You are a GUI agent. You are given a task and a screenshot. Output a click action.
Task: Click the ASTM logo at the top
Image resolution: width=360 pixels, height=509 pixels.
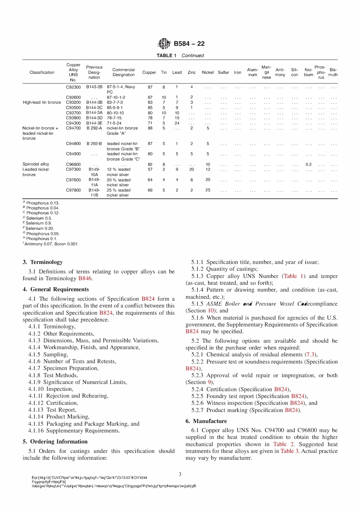(164, 44)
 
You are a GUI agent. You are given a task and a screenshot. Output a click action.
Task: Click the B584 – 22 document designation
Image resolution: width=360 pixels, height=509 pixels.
(189, 44)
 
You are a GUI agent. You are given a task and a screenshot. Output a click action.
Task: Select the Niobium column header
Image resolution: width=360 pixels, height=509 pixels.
(308, 72)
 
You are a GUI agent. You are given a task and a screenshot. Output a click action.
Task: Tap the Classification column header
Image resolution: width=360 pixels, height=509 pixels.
(42, 72)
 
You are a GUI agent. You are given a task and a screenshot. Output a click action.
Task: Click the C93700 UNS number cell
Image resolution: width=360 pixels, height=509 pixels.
(73, 113)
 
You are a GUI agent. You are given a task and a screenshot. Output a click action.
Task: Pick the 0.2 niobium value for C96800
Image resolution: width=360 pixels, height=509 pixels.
(308, 164)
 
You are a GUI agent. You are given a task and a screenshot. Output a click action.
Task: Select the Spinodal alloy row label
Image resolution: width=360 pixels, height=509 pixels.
(36, 164)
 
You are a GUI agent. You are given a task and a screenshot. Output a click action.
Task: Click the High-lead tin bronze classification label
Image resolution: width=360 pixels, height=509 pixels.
(42, 102)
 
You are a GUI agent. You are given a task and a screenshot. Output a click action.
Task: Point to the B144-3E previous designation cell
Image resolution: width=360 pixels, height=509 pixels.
(94, 123)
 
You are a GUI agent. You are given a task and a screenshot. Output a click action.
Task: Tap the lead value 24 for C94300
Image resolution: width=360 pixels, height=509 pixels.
(177, 123)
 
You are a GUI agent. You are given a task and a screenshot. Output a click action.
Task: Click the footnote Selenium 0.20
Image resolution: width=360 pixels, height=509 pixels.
(39, 228)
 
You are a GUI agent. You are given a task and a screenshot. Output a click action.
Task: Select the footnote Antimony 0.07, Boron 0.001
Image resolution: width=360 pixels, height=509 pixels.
(51, 244)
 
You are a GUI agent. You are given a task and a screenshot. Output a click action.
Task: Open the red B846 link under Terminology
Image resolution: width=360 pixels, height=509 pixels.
(85, 278)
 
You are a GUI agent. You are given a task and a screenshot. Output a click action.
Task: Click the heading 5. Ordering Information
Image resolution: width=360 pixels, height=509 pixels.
(55, 442)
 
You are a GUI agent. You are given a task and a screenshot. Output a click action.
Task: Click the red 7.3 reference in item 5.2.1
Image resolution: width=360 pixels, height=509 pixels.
(310, 354)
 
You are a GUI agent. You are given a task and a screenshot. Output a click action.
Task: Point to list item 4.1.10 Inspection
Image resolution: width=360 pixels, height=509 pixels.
(50, 389)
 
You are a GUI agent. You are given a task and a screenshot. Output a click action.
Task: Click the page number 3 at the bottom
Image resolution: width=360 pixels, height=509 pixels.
(180, 474)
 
